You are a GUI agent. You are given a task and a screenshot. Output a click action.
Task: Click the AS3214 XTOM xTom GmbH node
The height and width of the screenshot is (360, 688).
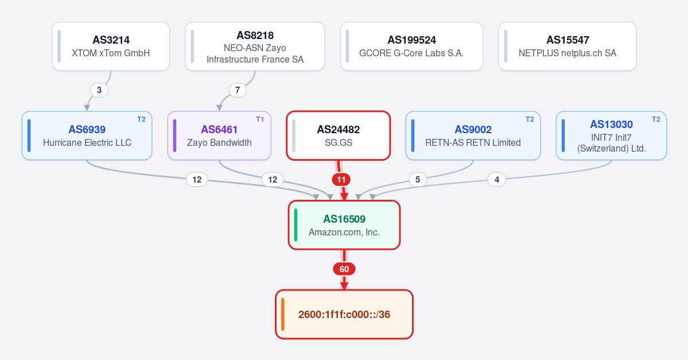tap(111, 46)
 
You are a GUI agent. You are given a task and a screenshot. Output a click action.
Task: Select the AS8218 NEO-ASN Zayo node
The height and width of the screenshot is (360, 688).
tap(255, 46)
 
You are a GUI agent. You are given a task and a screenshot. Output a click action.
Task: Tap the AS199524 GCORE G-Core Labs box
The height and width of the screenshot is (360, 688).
tap(411, 46)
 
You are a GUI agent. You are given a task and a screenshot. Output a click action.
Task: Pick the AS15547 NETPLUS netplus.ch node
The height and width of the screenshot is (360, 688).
tap(567, 46)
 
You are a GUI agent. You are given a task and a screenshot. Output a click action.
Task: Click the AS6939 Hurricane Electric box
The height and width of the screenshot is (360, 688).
tap(87, 136)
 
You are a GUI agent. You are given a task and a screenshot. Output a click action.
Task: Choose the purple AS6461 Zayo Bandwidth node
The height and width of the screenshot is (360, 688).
tap(219, 136)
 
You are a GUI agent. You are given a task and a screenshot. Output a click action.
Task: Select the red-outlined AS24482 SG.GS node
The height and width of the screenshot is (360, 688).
tap(339, 136)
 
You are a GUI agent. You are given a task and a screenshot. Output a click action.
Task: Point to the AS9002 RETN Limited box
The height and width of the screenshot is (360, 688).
tap(473, 136)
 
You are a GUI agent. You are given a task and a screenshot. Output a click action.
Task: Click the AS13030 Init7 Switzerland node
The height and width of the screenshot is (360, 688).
tap(611, 136)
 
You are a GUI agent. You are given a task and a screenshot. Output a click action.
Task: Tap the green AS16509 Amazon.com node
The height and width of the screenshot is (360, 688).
tap(344, 225)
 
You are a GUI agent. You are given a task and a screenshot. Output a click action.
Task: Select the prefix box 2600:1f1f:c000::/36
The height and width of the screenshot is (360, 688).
tap(344, 314)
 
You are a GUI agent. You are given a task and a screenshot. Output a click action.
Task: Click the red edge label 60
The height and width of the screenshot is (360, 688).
tap(344, 269)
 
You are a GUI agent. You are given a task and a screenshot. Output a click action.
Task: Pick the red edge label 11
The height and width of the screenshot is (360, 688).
tap(341, 180)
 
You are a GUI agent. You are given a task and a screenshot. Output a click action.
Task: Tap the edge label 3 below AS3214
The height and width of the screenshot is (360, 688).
tap(99, 90)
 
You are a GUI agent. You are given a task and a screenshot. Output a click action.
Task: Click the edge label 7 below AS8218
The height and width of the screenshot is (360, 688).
tap(238, 90)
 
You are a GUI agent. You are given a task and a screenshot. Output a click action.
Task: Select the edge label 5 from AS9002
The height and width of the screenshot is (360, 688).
tap(418, 180)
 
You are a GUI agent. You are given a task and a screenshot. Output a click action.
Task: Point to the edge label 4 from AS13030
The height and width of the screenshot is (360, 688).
tap(497, 180)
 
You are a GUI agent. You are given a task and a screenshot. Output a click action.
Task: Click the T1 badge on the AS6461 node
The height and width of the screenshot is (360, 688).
tap(260, 119)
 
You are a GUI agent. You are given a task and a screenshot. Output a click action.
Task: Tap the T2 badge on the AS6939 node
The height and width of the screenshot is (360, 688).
tap(141, 119)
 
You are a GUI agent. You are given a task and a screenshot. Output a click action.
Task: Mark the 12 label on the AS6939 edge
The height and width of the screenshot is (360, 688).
tap(197, 180)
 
